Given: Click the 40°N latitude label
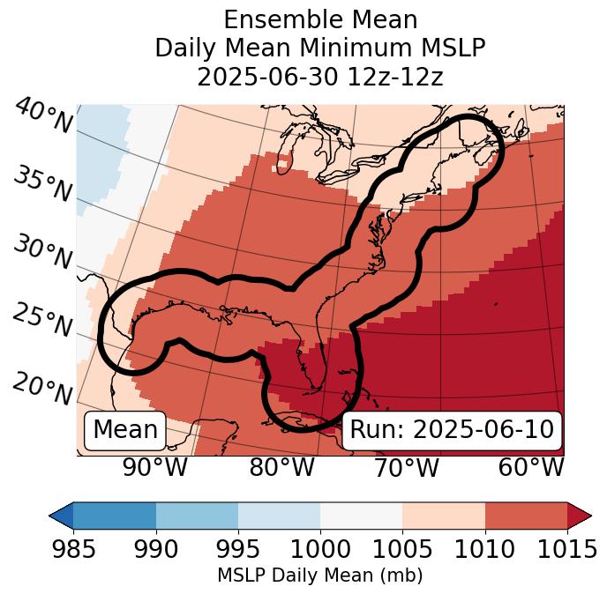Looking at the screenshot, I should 42,116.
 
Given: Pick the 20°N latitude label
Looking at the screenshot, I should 42,388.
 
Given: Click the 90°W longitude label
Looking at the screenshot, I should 154,467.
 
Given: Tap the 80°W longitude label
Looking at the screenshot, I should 281,467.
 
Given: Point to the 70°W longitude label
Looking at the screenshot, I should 406,467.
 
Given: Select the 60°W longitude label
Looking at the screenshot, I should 531,467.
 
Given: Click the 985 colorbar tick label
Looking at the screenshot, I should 73,549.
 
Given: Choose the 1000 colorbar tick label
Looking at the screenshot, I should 320,549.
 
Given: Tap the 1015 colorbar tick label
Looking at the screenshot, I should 567,549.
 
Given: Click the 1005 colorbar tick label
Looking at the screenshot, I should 402,549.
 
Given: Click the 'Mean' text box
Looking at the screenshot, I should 125,430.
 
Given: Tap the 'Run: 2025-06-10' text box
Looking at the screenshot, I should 452,430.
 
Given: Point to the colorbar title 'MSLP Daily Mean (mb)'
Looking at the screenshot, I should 319,575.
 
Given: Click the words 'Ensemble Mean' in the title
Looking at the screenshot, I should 320,20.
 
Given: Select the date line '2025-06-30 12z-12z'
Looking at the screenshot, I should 320,77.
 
